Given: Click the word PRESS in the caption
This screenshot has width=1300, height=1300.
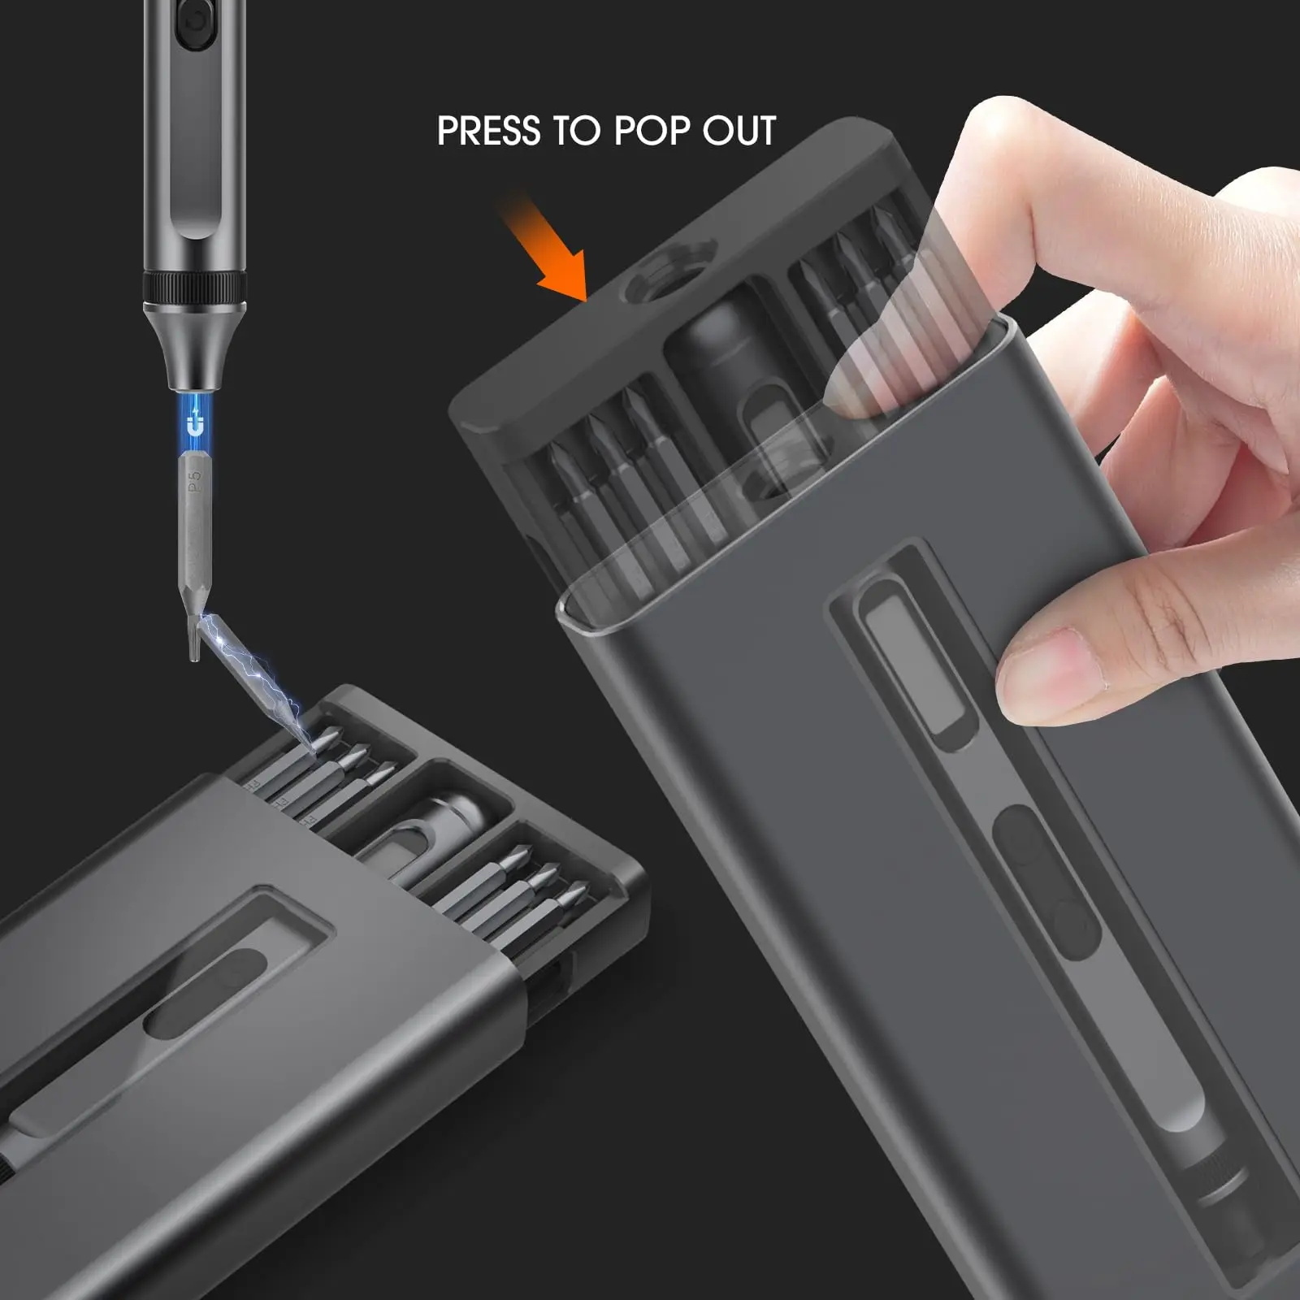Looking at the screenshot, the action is tap(488, 131).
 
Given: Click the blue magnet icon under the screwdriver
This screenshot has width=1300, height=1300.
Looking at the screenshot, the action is tap(195, 423).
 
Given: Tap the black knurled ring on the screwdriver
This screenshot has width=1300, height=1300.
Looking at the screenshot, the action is tap(195, 288).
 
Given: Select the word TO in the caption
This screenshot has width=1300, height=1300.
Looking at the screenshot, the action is tap(576, 131).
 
